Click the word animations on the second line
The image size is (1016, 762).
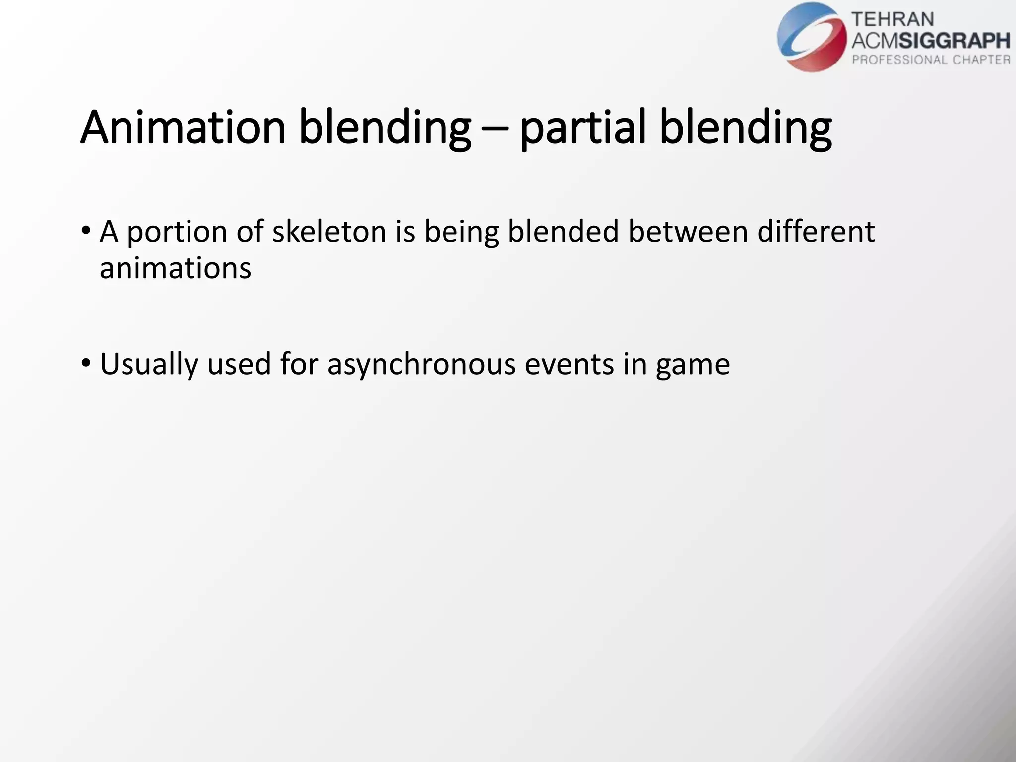pos(175,268)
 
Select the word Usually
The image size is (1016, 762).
pos(149,364)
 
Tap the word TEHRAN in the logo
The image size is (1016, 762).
pos(892,19)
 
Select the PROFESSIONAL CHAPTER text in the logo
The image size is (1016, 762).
pos(931,60)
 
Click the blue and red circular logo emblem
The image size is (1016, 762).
pos(812,37)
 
